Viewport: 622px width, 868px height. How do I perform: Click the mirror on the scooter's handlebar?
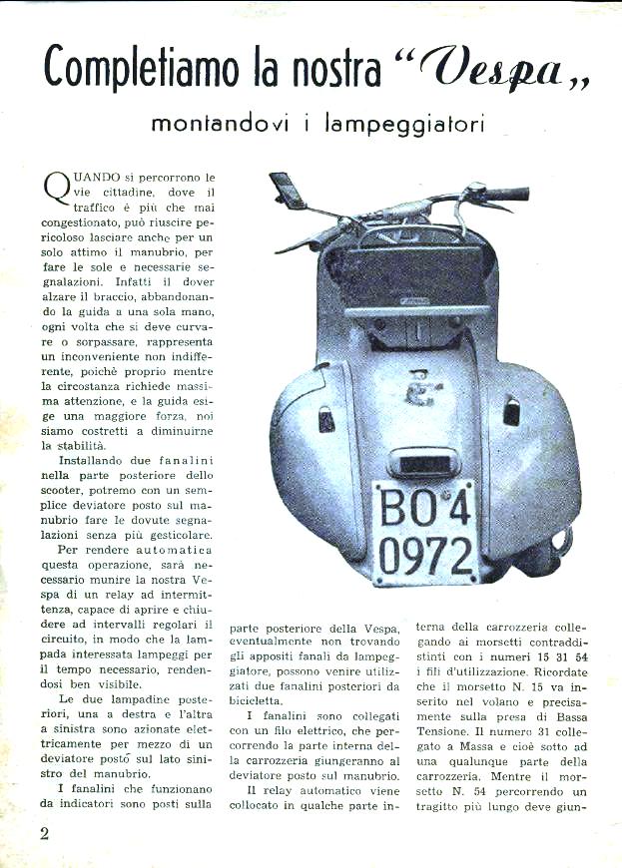point(288,190)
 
